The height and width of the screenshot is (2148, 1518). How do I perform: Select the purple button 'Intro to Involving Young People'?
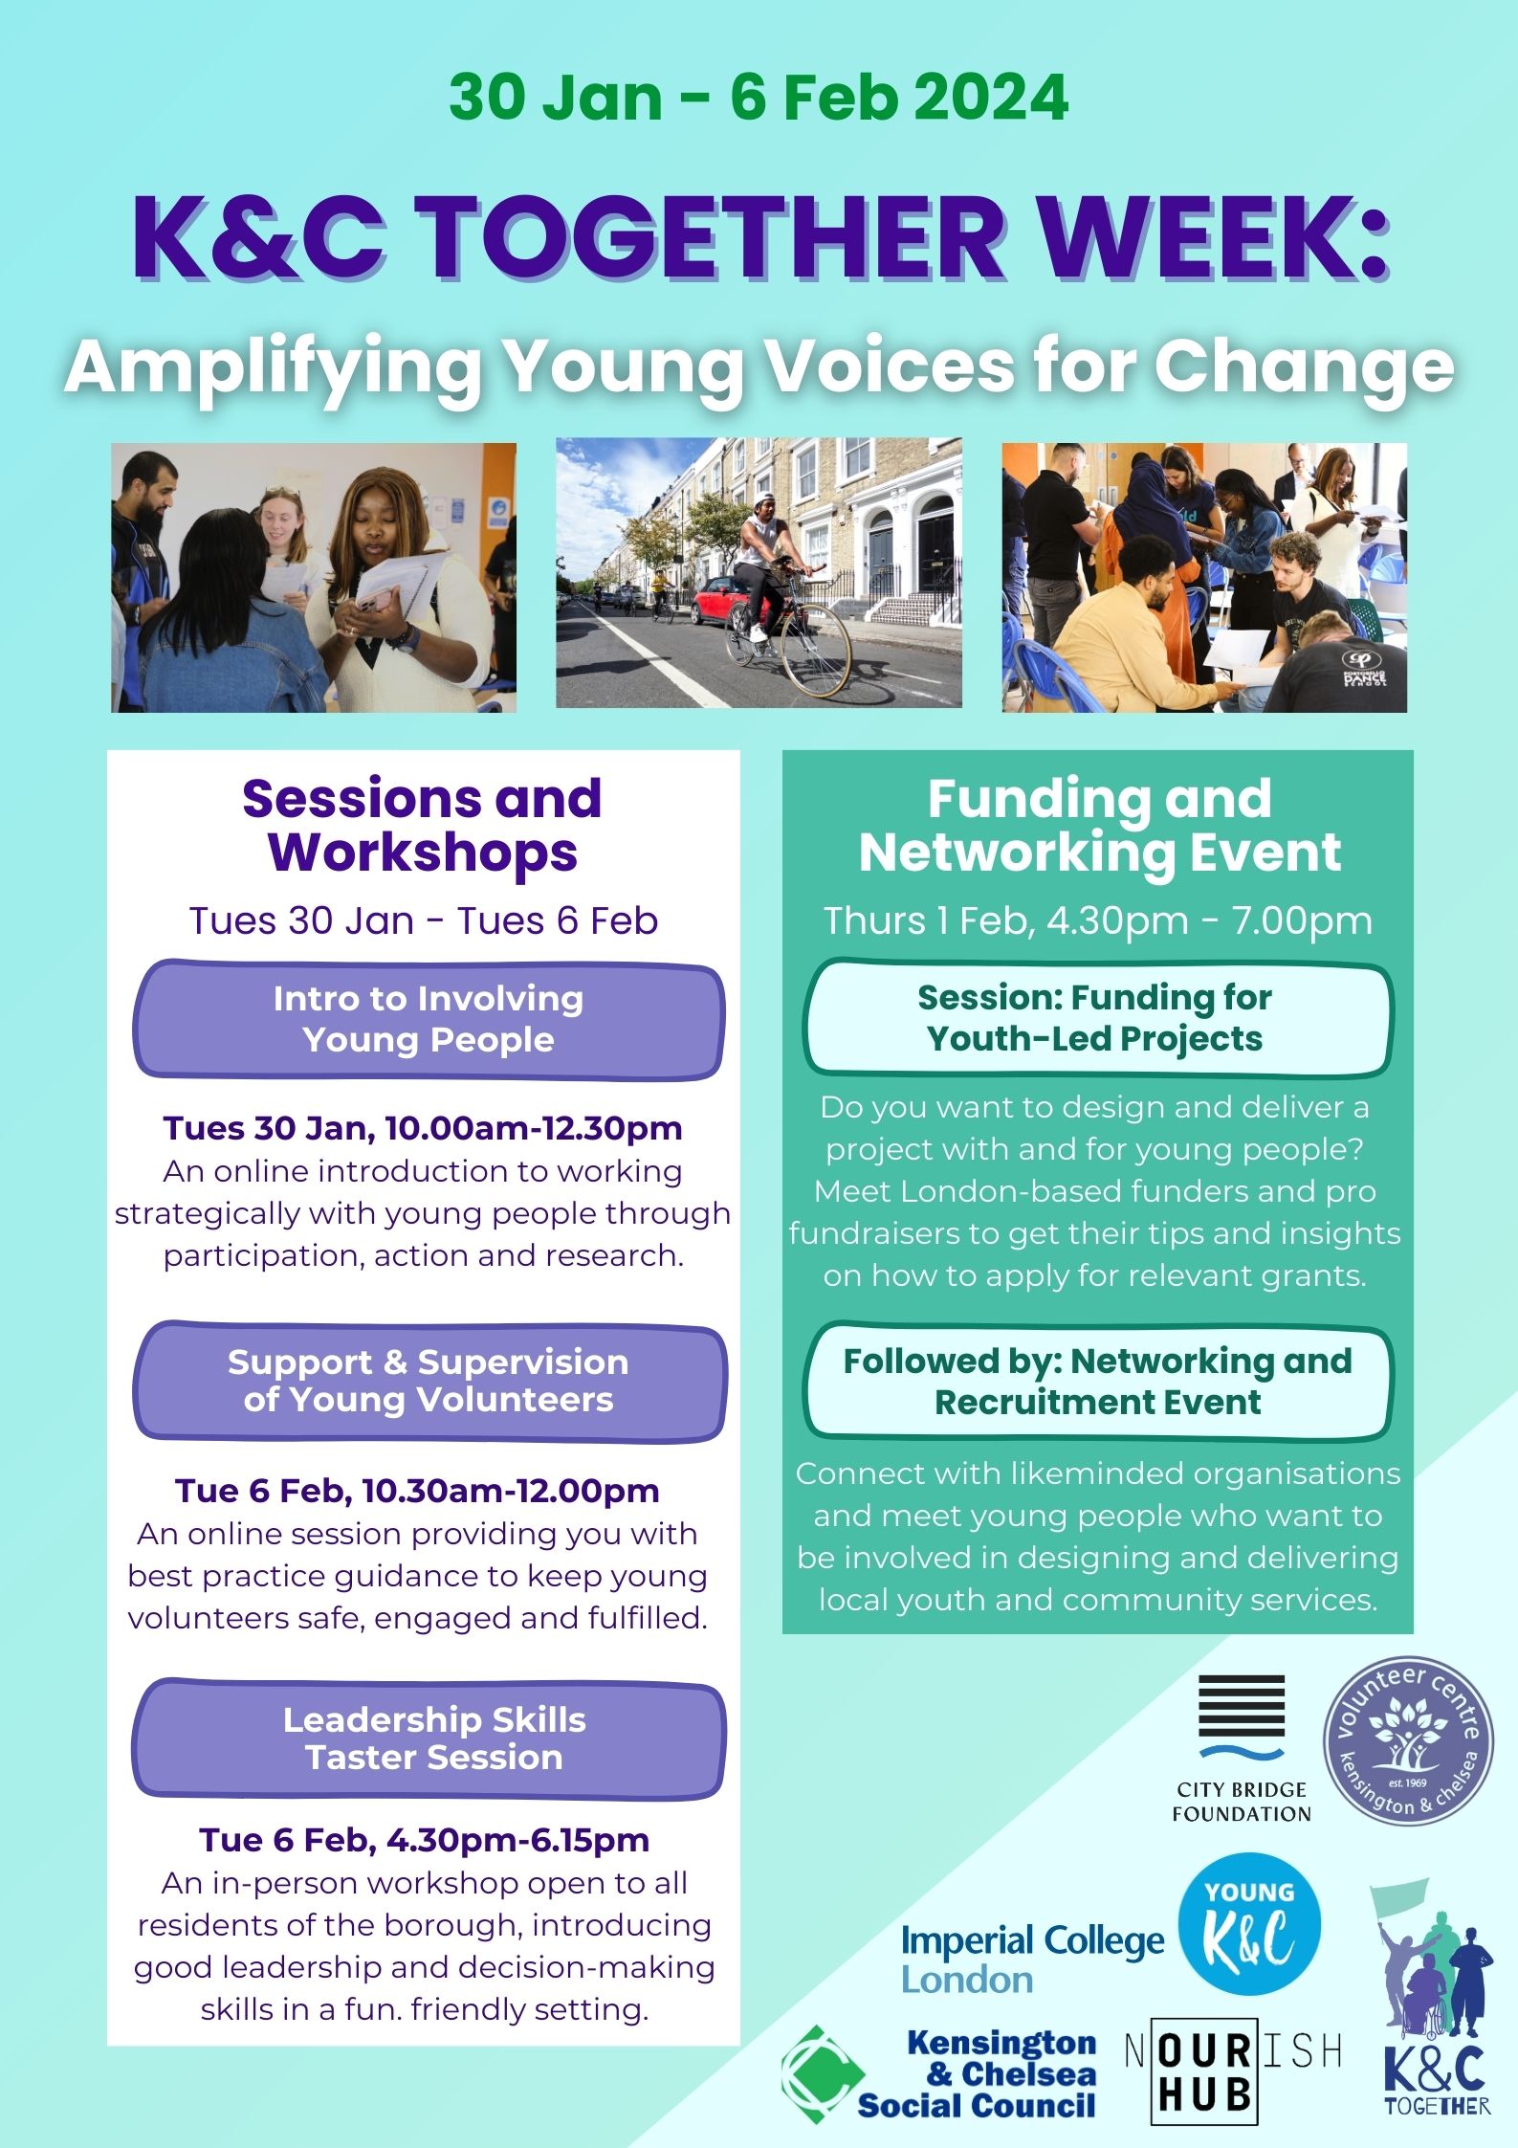click(428, 1020)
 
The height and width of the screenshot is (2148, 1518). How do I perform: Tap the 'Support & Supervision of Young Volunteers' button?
click(429, 1382)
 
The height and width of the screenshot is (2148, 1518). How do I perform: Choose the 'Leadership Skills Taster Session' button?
click(429, 1738)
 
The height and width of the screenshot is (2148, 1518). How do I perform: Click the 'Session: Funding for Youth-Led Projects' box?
click(1097, 1018)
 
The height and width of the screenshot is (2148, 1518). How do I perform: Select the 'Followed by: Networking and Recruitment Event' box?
click(1097, 1382)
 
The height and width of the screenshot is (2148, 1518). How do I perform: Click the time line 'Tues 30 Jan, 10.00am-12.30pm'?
click(423, 1128)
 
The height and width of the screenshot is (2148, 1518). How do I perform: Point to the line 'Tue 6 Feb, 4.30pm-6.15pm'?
click(425, 1840)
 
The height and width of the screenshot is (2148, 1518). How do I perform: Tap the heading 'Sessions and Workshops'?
click(422, 825)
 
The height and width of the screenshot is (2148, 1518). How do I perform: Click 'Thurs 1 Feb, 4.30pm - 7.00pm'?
click(1098, 920)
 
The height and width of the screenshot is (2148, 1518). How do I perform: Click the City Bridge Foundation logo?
click(1242, 1748)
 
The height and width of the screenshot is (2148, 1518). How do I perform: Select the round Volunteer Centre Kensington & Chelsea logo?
click(1407, 1741)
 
